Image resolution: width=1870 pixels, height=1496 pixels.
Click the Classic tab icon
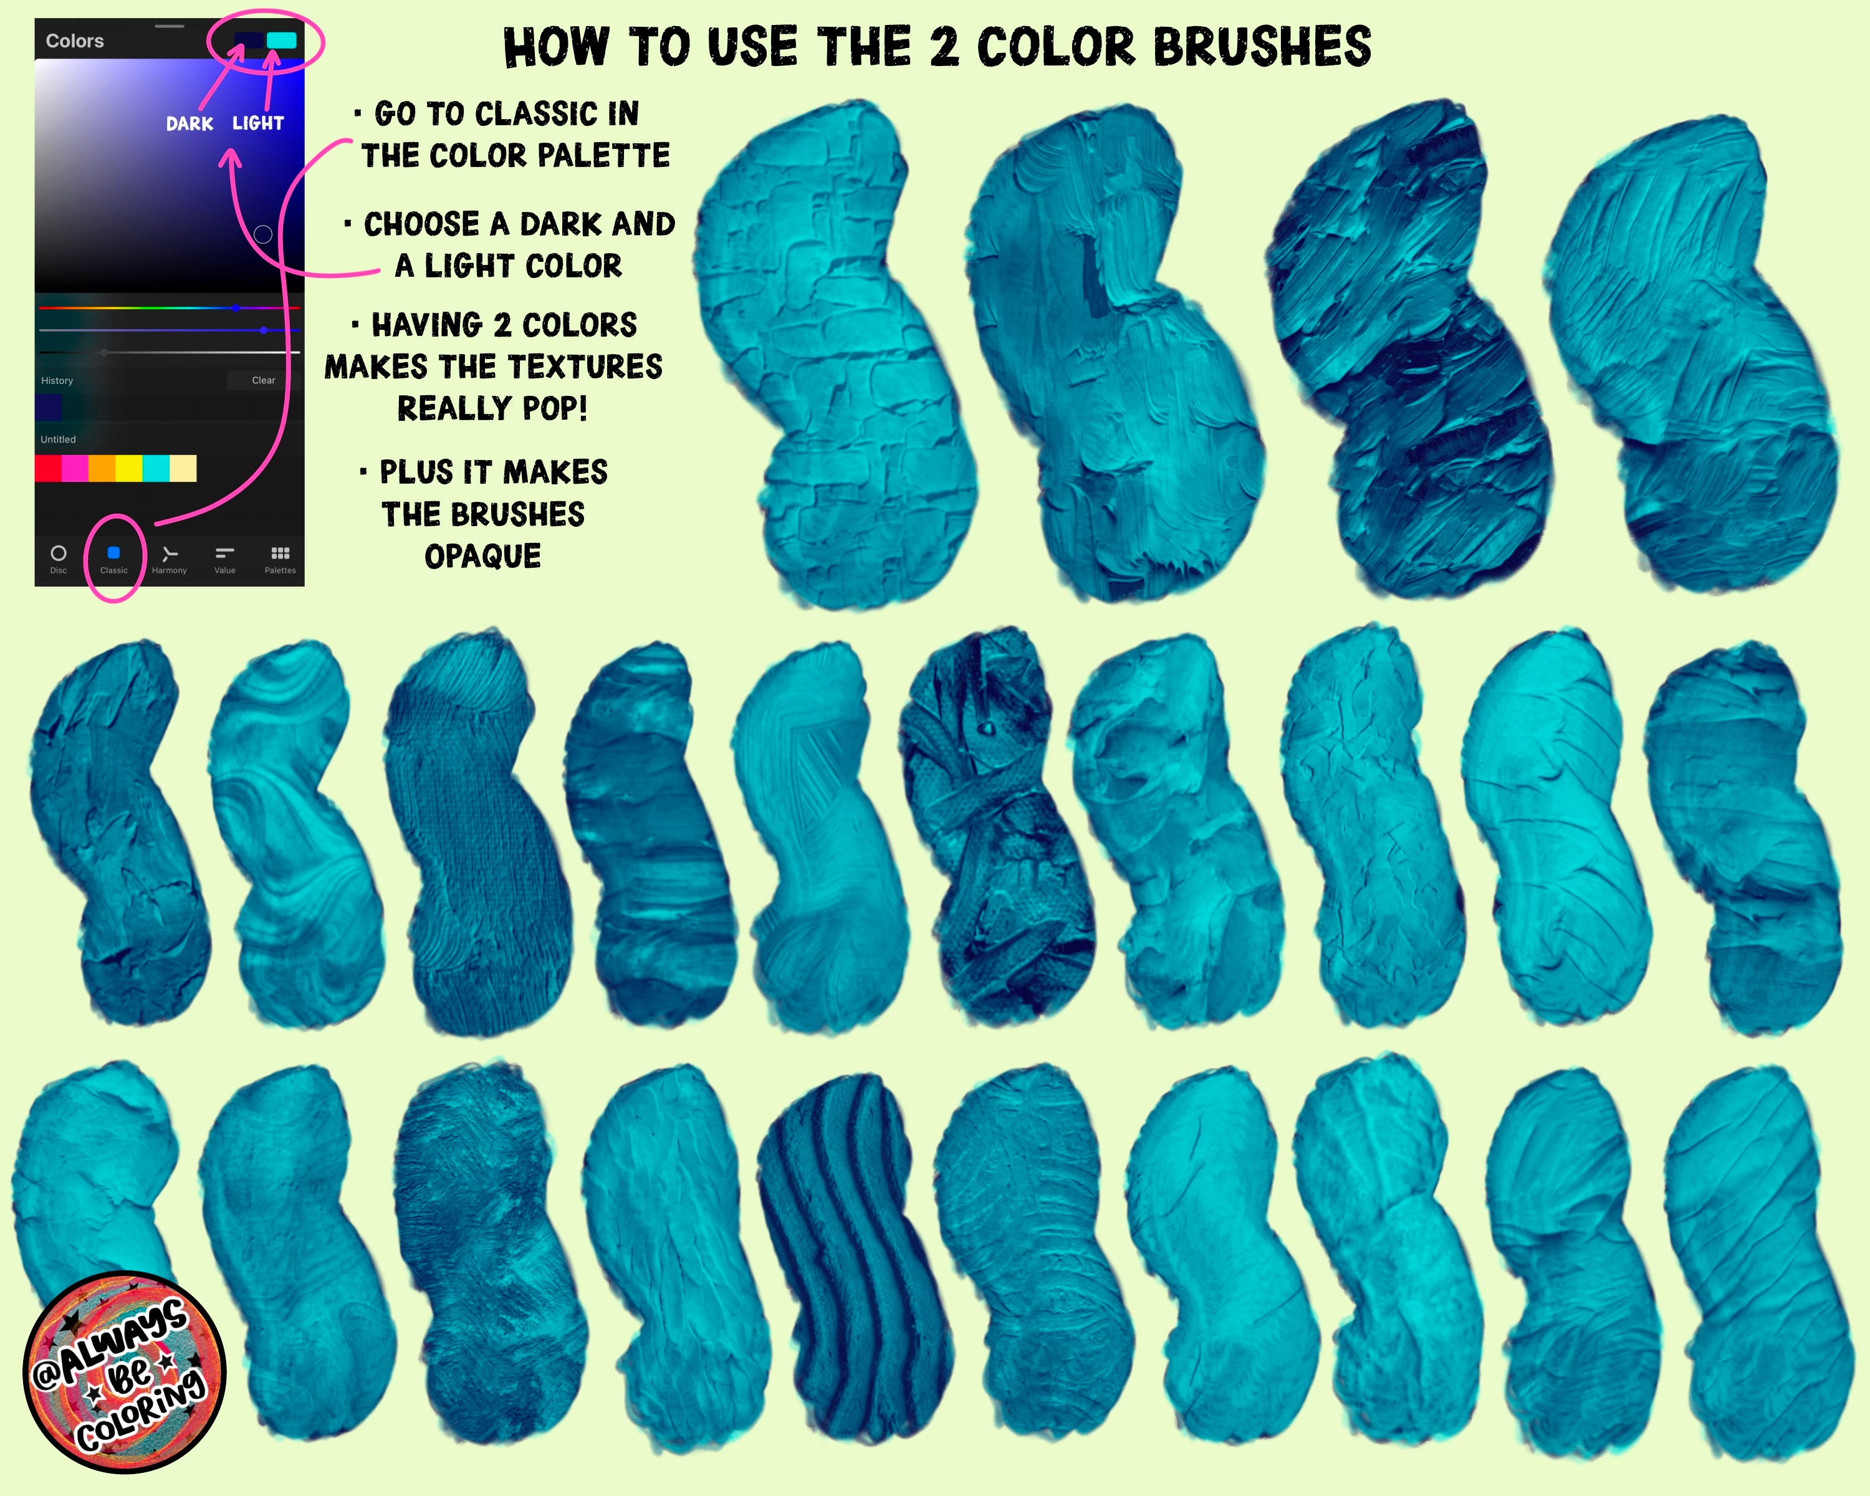click(x=113, y=552)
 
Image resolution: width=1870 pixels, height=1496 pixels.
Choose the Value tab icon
click(x=224, y=552)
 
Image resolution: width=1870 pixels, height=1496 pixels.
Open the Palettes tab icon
click(x=280, y=552)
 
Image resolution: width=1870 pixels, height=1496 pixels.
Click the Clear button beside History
click(x=264, y=380)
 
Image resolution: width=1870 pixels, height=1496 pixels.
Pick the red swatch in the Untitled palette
click(x=48, y=468)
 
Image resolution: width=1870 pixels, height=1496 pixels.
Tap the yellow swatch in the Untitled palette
click(x=129, y=468)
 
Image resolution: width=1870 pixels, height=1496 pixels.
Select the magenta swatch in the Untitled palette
click(x=75, y=468)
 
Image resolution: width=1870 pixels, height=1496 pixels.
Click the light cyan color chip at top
click(x=282, y=40)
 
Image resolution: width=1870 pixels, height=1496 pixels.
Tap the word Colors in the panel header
click(x=75, y=41)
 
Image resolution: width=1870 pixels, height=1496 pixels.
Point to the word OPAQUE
click(x=483, y=556)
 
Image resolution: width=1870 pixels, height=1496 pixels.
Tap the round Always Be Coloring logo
click(x=124, y=1373)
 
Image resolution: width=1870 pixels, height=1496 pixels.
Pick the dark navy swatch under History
click(x=49, y=408)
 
